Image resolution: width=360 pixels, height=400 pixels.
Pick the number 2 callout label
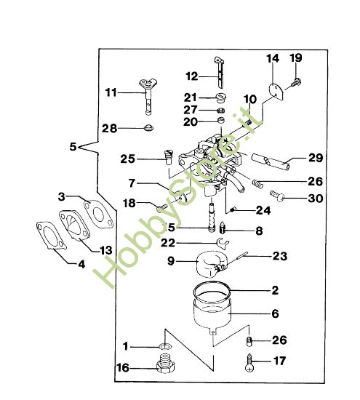pos(275,290)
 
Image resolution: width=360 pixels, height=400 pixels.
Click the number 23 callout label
pos(279,256)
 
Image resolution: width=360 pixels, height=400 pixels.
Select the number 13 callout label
pos(105,249)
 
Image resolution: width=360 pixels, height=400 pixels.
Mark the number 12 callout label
pos(192,76)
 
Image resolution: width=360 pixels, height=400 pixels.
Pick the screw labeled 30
pos(279,195)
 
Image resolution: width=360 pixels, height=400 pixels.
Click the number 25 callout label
pos(128,159)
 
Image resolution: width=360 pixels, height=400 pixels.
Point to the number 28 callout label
pos(109,128)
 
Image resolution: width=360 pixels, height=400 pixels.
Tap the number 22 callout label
pos(168,242)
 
